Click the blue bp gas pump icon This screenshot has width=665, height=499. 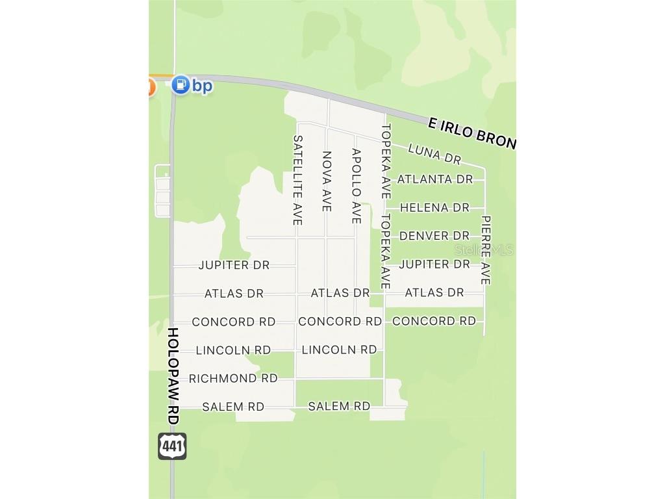[x=181, y=84]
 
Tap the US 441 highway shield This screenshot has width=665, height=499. [x=172, y=446]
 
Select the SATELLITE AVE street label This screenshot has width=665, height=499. [x=298, y=180]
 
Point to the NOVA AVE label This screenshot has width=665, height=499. [x=327, y=181]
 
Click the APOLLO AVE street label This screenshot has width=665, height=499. [x=356, y=186]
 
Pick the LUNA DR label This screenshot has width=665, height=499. [x=434, y=154]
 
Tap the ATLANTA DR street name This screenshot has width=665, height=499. [x=434, y=179]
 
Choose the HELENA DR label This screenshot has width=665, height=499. [x=434, y=207]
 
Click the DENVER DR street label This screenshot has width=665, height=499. [x=434, y=235]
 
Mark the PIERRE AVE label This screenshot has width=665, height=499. [x=486, y=250]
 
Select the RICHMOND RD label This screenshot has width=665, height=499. [x=232, y=378]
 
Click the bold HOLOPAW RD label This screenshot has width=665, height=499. [x=173, y=376]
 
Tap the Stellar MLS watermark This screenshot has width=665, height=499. [x=484, y=249]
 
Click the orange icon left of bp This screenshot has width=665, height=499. [x=151, y=86]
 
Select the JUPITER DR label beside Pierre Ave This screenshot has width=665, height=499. [x=434, y=264]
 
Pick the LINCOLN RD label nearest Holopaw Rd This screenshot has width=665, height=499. [x=233, y=350]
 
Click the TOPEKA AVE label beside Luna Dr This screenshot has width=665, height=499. [x=386, y=161]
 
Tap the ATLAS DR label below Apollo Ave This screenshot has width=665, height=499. [x=340, y=293]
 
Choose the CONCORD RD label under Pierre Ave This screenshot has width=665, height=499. [x=434, y=321]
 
